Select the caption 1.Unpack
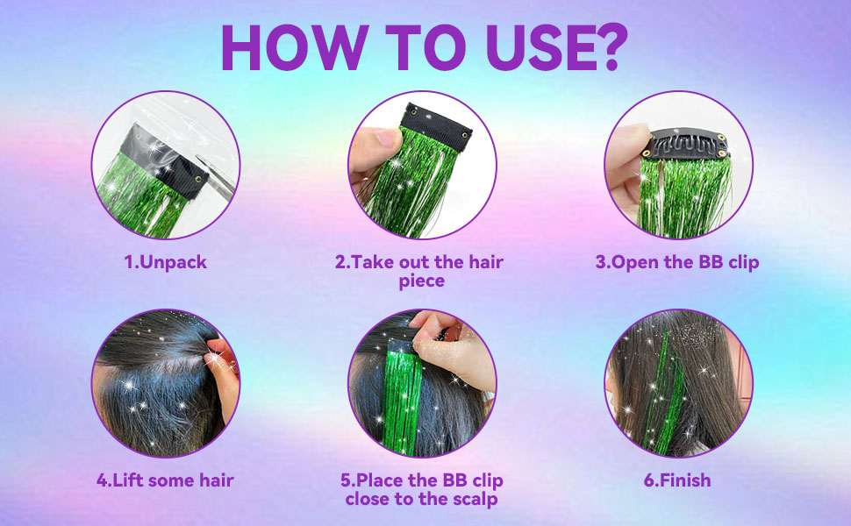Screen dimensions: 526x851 (x=165, y=262)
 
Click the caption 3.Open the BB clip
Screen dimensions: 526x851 (x=677, y=262)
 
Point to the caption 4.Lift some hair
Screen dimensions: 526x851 (x=165, y=480)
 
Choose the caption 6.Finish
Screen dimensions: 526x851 (x=677, y=480)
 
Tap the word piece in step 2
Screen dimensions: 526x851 (x=422, y=281)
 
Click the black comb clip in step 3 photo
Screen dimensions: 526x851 (x=686, y=143)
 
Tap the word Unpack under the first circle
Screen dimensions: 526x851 (x=173, y=262)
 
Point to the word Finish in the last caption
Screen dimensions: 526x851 (x=684, y=480)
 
